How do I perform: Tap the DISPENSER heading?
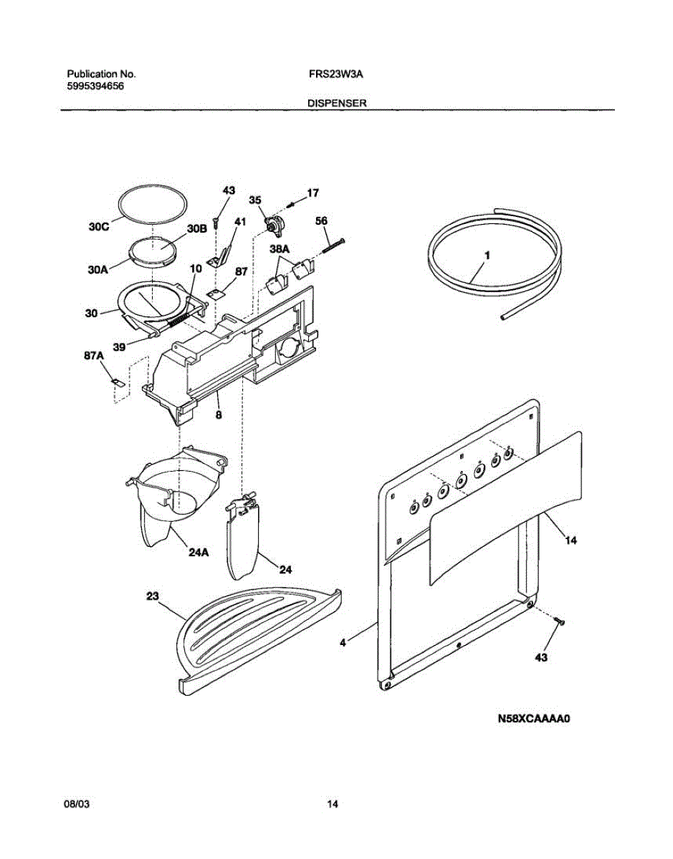(337, 103)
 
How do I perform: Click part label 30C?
(99, 228)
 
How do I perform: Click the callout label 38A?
(280, 249)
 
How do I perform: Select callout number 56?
(322, 221)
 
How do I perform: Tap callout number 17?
(312, 193)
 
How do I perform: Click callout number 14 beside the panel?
(571, 541)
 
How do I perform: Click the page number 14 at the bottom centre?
(332, 805)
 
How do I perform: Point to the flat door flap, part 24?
(242, 537)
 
